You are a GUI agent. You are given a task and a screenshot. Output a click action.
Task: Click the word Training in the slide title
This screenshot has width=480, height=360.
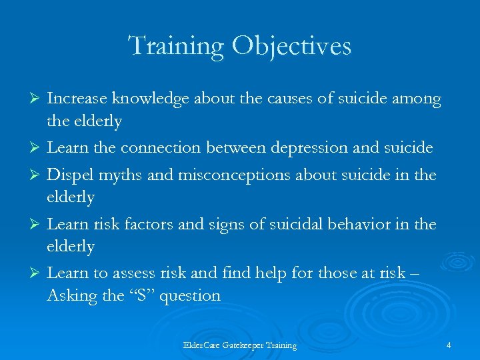(x=175, y=47)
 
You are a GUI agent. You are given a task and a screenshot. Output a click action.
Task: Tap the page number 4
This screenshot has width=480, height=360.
(x=449, y=345)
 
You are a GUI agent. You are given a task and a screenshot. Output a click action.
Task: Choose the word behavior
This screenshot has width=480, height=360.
(x=374, y=224)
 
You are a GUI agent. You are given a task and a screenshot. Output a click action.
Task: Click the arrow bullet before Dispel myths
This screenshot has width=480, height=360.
(x=37, y=175)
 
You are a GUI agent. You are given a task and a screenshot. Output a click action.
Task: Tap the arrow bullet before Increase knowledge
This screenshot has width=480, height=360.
(x=37, y=99)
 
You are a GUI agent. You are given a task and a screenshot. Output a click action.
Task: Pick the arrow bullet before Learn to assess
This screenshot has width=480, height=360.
(x=37, y=273)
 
